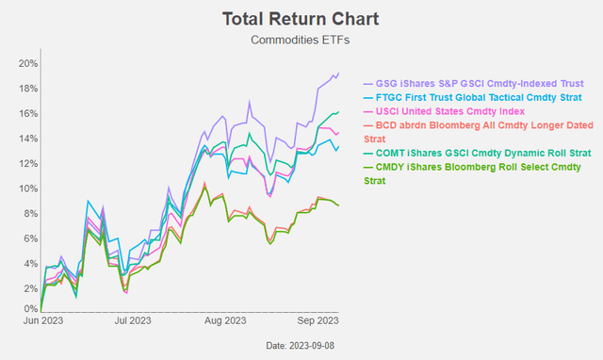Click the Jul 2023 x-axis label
(x=133, y=321)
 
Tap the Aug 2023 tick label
(x=227, y=321)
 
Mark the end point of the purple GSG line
(x=339, y=74)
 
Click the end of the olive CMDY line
(x=339, y=205)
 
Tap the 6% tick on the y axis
(x=28, y=237)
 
